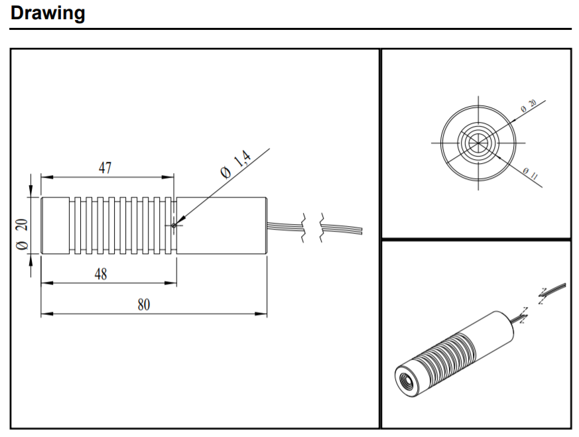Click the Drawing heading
[x=48, y=13]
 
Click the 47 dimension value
[x=105, y=168]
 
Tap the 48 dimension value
[x=101, y=274]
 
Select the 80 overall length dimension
[x=144, y=305]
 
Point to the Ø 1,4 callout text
[x=236, y=165]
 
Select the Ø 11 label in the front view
[x=530, y=174]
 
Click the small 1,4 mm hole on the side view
[x=174, y=225]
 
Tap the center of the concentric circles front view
[x=476, y=143]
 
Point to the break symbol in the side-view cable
[x=314, y=227]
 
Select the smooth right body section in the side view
[x=222, y=225]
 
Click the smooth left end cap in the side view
[x=56, y=225]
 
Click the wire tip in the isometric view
[x=564, y=284]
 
